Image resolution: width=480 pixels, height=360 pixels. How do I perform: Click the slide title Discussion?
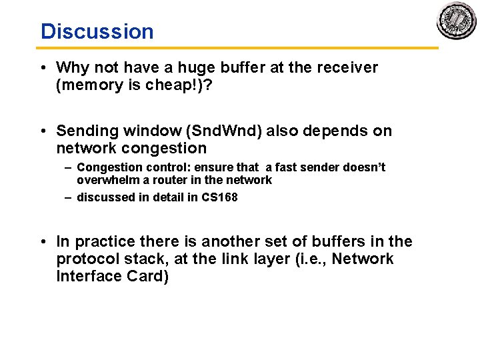(97, 31)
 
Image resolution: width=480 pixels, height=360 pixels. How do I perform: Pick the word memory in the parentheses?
(85, 85)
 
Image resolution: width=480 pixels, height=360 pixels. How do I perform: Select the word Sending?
(84, 131)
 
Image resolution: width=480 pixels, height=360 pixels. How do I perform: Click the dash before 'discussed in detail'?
(68, 197)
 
